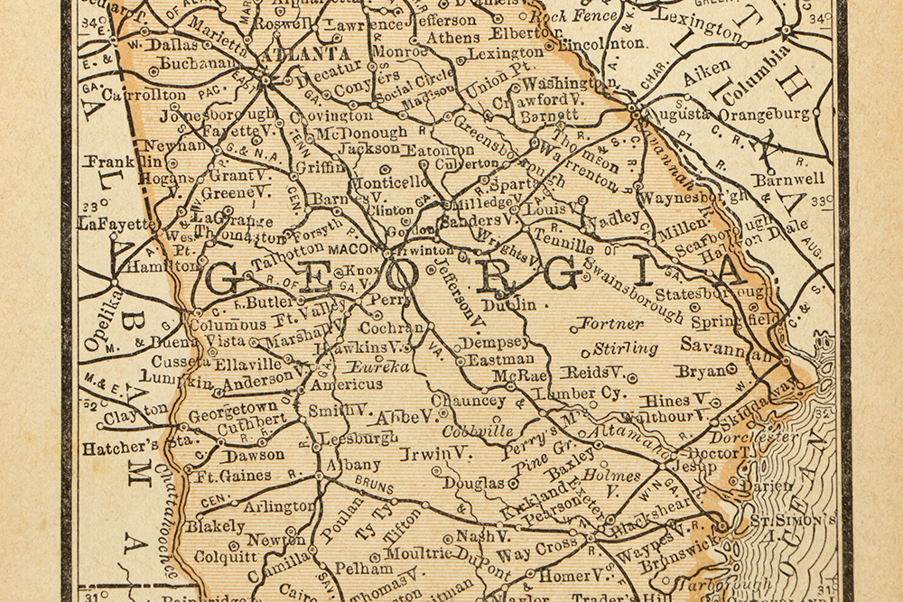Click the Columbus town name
click(x=228, y=323)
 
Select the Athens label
click(x=453, y=38)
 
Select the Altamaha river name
click(x=617, y=440)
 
